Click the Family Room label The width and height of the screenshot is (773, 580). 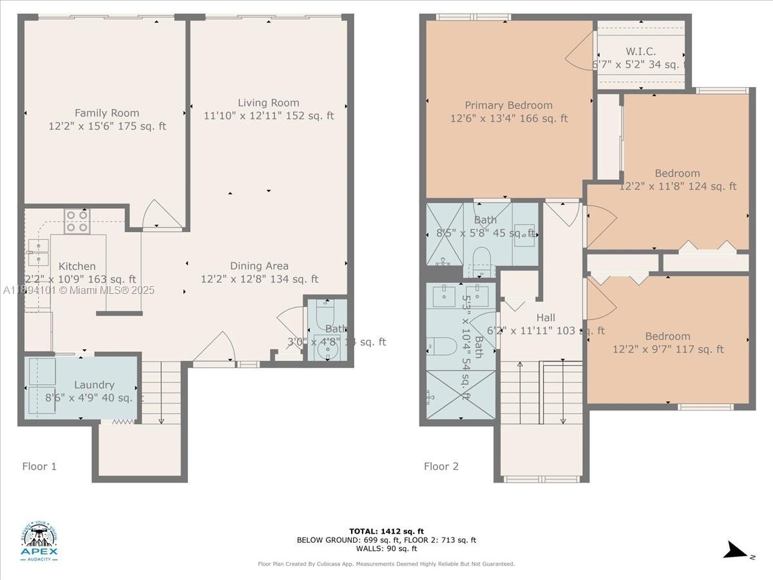107,113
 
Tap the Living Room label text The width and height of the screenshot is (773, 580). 269,102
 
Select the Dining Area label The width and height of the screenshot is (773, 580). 260,266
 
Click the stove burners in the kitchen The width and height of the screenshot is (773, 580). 77,221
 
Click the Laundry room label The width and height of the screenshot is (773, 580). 94,385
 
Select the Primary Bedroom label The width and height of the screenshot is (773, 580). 509,105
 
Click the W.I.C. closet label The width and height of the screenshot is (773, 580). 640,52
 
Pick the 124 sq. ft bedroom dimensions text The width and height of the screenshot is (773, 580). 678,186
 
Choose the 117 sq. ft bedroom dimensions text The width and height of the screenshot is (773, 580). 668,349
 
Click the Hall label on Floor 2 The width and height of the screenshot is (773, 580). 546,318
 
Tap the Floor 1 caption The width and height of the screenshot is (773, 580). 39,466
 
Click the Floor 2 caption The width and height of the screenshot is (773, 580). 441,466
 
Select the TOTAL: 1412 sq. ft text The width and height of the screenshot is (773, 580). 386,531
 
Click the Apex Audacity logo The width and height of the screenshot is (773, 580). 40,541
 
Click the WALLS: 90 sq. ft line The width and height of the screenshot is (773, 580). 386,548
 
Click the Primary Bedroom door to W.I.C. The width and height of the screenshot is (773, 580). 580,52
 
